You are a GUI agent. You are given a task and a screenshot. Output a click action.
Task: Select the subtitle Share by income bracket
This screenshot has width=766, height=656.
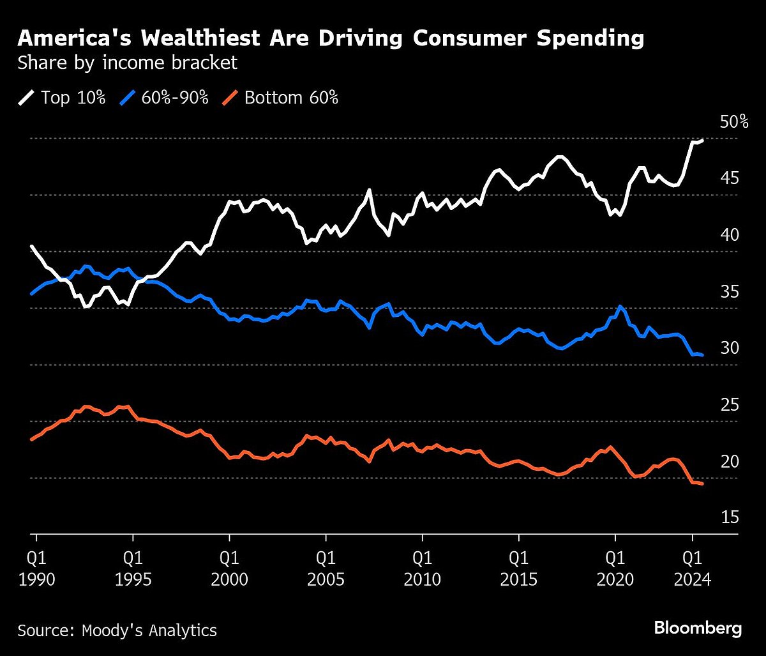pyautogui.click(x=128, y=63)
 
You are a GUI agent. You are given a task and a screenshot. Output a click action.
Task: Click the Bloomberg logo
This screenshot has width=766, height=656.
pyautogui.click(x=698, y=629)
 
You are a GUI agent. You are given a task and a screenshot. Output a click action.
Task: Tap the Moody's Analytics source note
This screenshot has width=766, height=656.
pyautogui.click(x=117, y=630)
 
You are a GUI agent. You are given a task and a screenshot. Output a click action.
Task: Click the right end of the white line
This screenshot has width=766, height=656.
pyautogui.click(x=702, y=141)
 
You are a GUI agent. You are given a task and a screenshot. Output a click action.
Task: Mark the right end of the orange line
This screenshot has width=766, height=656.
pyautogui.click(x=702, y=484)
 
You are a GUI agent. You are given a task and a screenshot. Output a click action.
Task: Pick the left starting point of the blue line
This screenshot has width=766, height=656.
pyautogui.click(x=31, y=294)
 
